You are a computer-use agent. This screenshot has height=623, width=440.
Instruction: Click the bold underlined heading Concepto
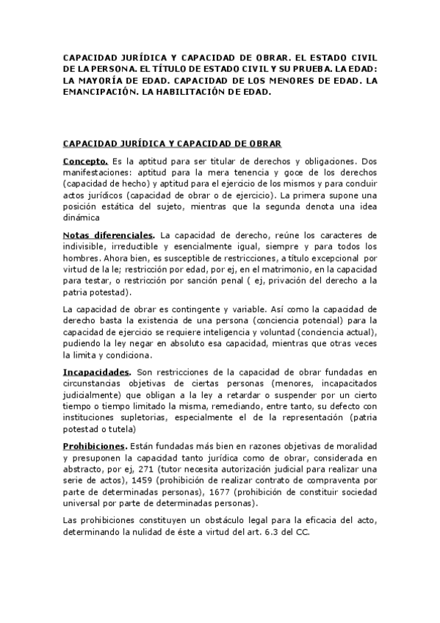(86, 159)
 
